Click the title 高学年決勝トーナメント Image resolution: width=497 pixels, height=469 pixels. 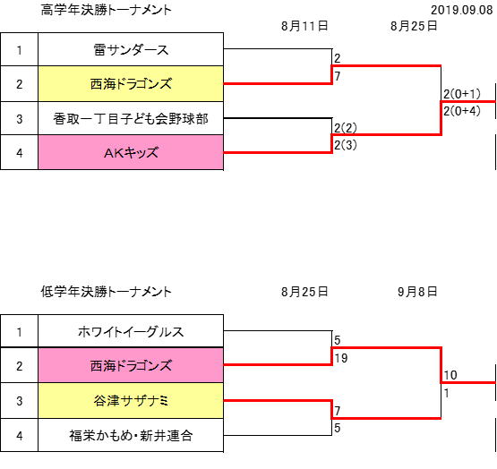pos(107,10)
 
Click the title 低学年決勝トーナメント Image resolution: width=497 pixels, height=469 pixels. pos(107,292)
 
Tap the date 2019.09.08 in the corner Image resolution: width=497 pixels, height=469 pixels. pos(462,10)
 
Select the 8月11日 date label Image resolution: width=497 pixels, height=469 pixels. pos(304,26)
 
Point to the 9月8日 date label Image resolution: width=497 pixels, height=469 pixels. pos(417,292)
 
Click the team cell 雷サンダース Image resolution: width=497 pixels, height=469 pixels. pos(131,50)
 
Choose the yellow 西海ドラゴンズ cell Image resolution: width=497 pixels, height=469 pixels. pos(131,84)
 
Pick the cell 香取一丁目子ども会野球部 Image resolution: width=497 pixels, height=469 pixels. pos(131,119)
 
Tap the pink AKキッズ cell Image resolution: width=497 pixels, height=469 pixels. pos(131,153)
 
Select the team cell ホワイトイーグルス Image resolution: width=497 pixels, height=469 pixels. pos(131,331)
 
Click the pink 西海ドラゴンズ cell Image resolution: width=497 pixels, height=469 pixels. pos(131,365)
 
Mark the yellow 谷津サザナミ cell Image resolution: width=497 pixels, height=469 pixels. pos(131,401)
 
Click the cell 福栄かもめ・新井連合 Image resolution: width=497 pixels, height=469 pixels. pos(131,435)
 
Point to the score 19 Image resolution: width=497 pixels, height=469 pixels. pos(341,358)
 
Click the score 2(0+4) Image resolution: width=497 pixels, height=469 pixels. pos(462,111)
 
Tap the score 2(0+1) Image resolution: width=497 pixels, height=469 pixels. pos(462,94)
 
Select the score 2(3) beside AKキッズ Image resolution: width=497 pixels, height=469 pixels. pos(346,145)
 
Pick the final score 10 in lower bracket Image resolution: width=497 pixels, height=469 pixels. pos(450,375)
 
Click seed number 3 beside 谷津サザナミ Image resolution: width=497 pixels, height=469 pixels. pos(20,401)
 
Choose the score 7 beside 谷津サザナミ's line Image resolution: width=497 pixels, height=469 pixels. pos(338,411)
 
